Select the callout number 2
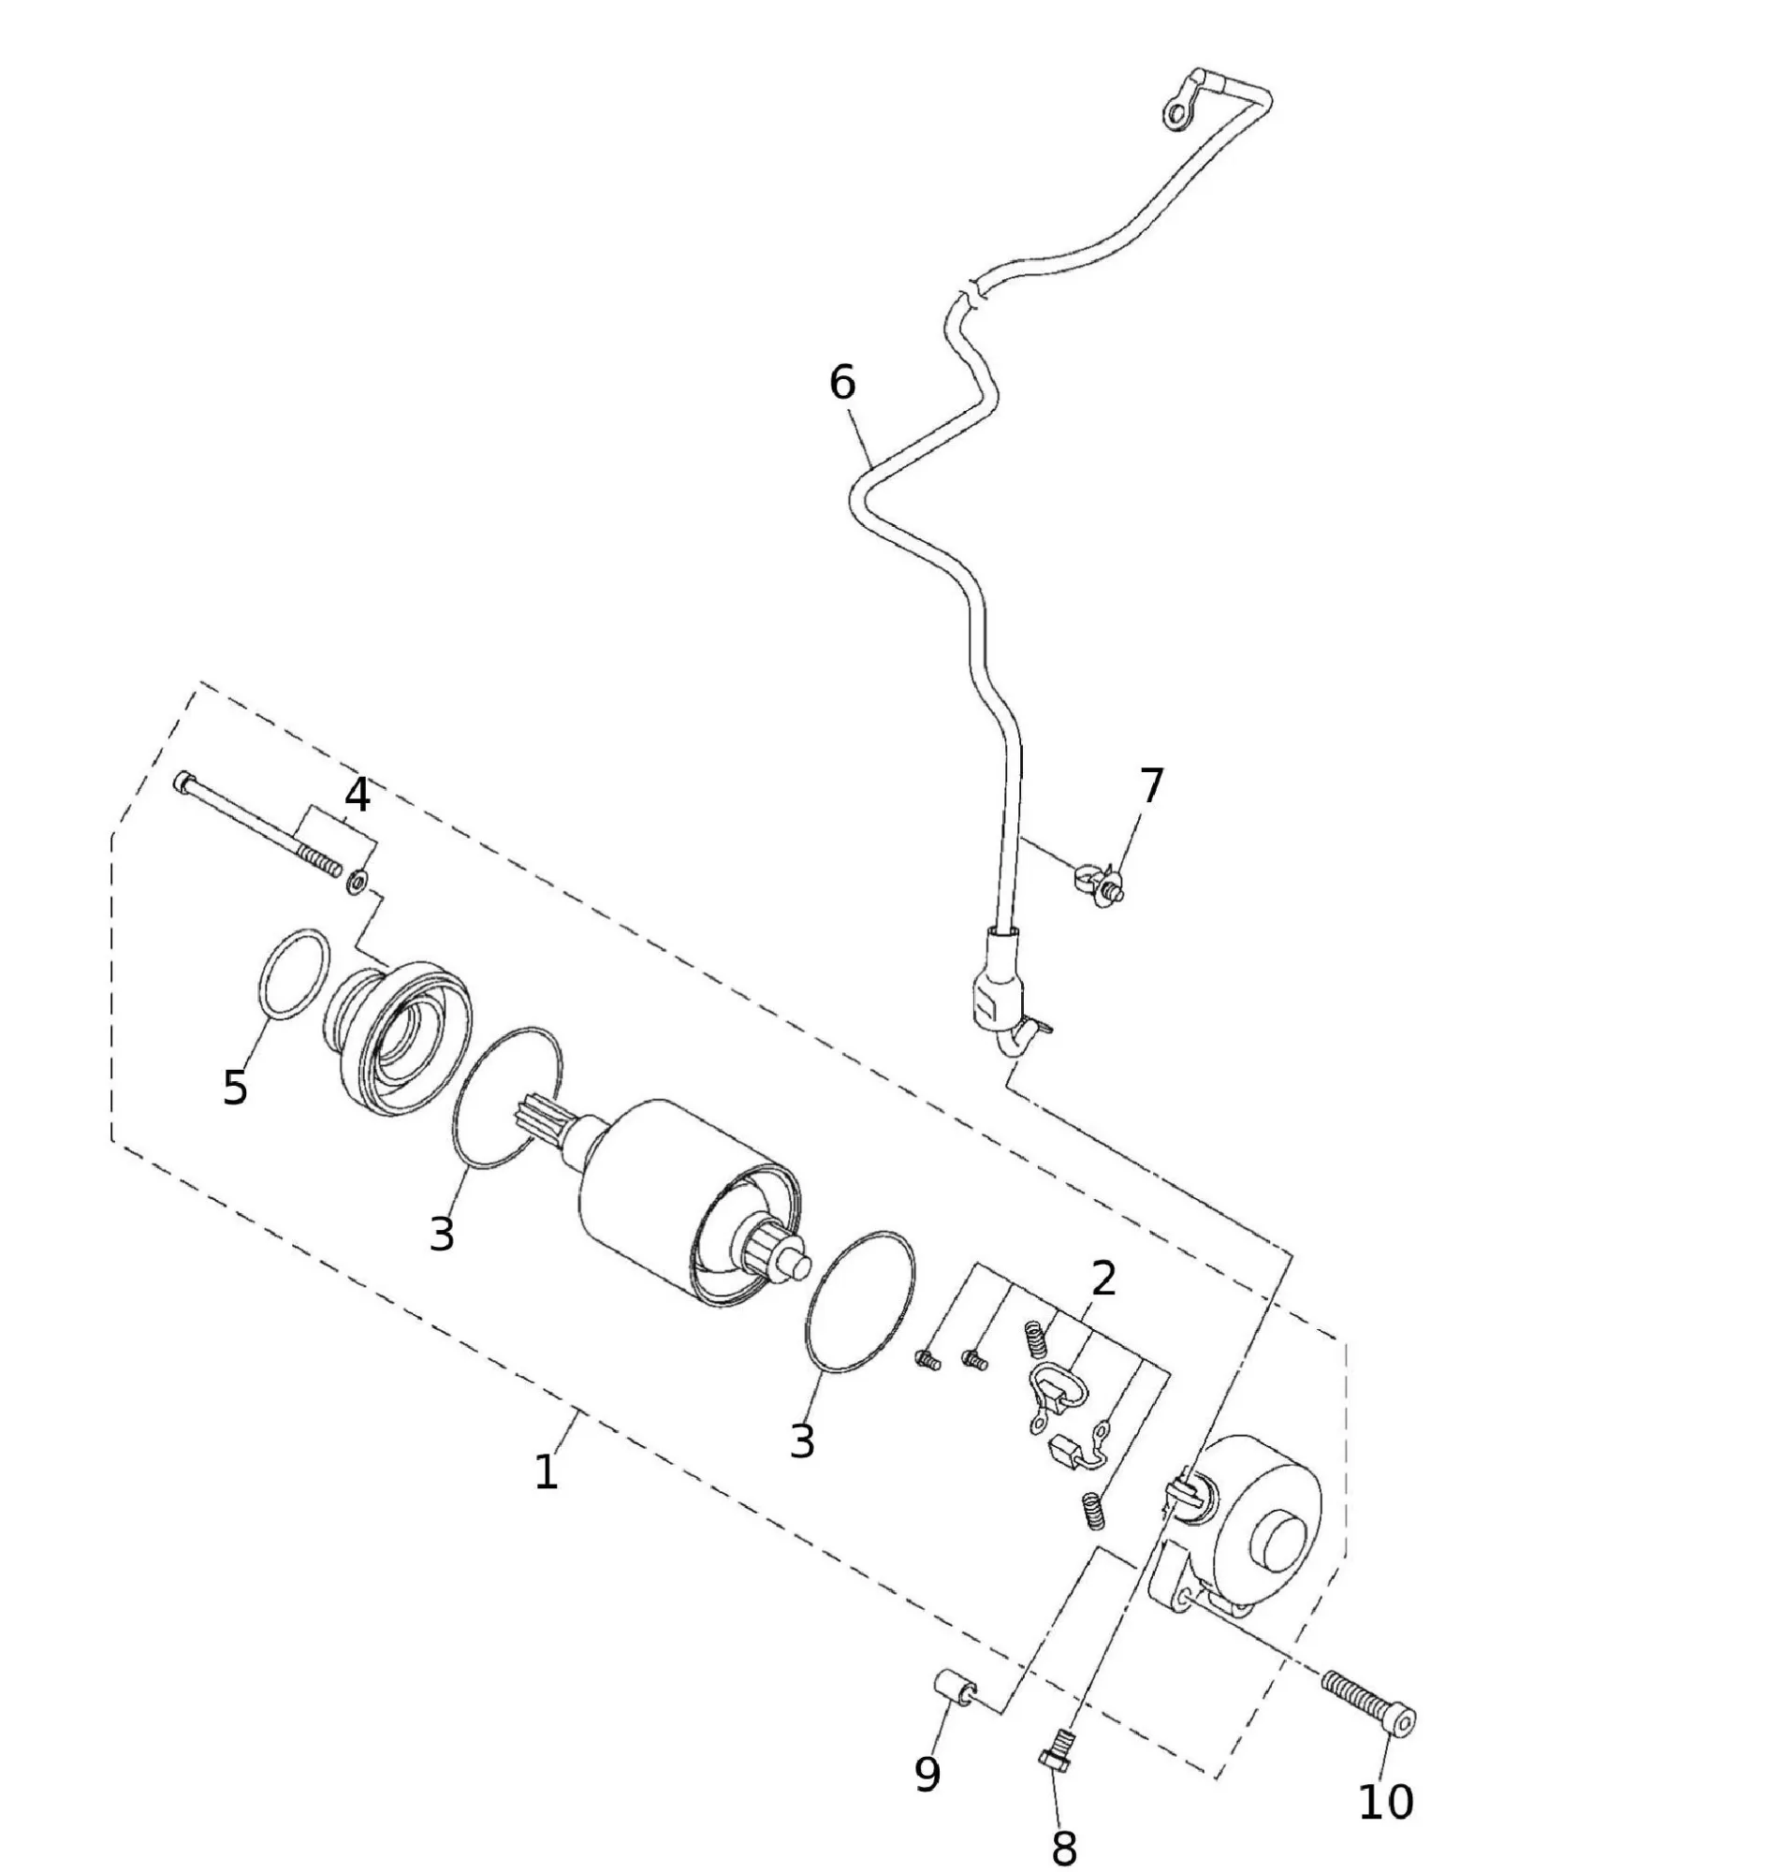click(x=1103, y=1280)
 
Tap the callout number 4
click(x=357, y=797)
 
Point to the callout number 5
click(x=235, y=1087)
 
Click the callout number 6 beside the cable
click(x=842, y=383)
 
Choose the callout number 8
click(x=1064, y=1849)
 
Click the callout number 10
click(x=1386, y=1802)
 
